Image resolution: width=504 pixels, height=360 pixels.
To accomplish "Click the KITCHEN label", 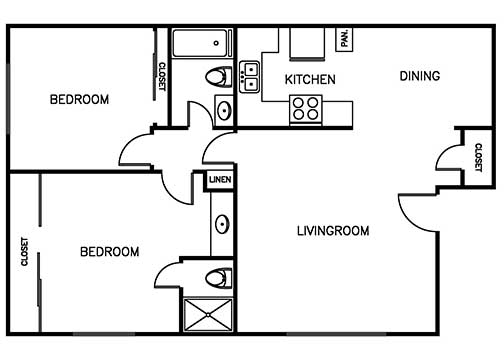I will pyautogui.click(x=310, y=79).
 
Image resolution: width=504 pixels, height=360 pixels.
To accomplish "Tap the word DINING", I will pyautogui.click(x=420, y=76).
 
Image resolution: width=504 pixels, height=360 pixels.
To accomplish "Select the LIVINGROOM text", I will pyautogui.click(x=333, y=231).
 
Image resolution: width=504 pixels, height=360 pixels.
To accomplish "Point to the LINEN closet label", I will pyautogui.click(x=220, y=180).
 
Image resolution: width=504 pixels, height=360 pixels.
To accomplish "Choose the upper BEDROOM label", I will pyautogui.click(x=79, y=100).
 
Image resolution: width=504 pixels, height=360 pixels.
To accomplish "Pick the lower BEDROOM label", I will pyautogui.click(x=109, y=252).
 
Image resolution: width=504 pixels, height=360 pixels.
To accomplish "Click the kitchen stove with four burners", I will pyautogui.click(x=305, y=108).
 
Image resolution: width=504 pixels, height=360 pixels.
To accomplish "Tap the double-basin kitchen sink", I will pyautogui.click(x=249, y=71).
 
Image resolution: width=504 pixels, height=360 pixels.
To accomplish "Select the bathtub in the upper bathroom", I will pyautogui.click(x=201, y=45).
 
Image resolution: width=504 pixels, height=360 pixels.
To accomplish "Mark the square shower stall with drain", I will pyautogui.click(x=207, y=314).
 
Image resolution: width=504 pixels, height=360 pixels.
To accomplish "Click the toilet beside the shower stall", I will pyautogui.click(x=218, y=276).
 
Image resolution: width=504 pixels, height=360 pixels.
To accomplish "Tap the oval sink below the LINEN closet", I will pyautogui.click(x=221, y=224).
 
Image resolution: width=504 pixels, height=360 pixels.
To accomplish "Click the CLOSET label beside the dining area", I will pyautogui.click(x=477, y=157).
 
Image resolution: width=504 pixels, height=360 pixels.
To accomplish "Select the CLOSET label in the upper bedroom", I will pyautogui.click(x=161, y=77).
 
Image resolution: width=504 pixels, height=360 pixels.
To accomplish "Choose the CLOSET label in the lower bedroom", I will pyautogui.click(x=24, y=252).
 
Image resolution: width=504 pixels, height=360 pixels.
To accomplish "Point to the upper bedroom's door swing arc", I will pyautogui.click(x=137, y=153).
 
